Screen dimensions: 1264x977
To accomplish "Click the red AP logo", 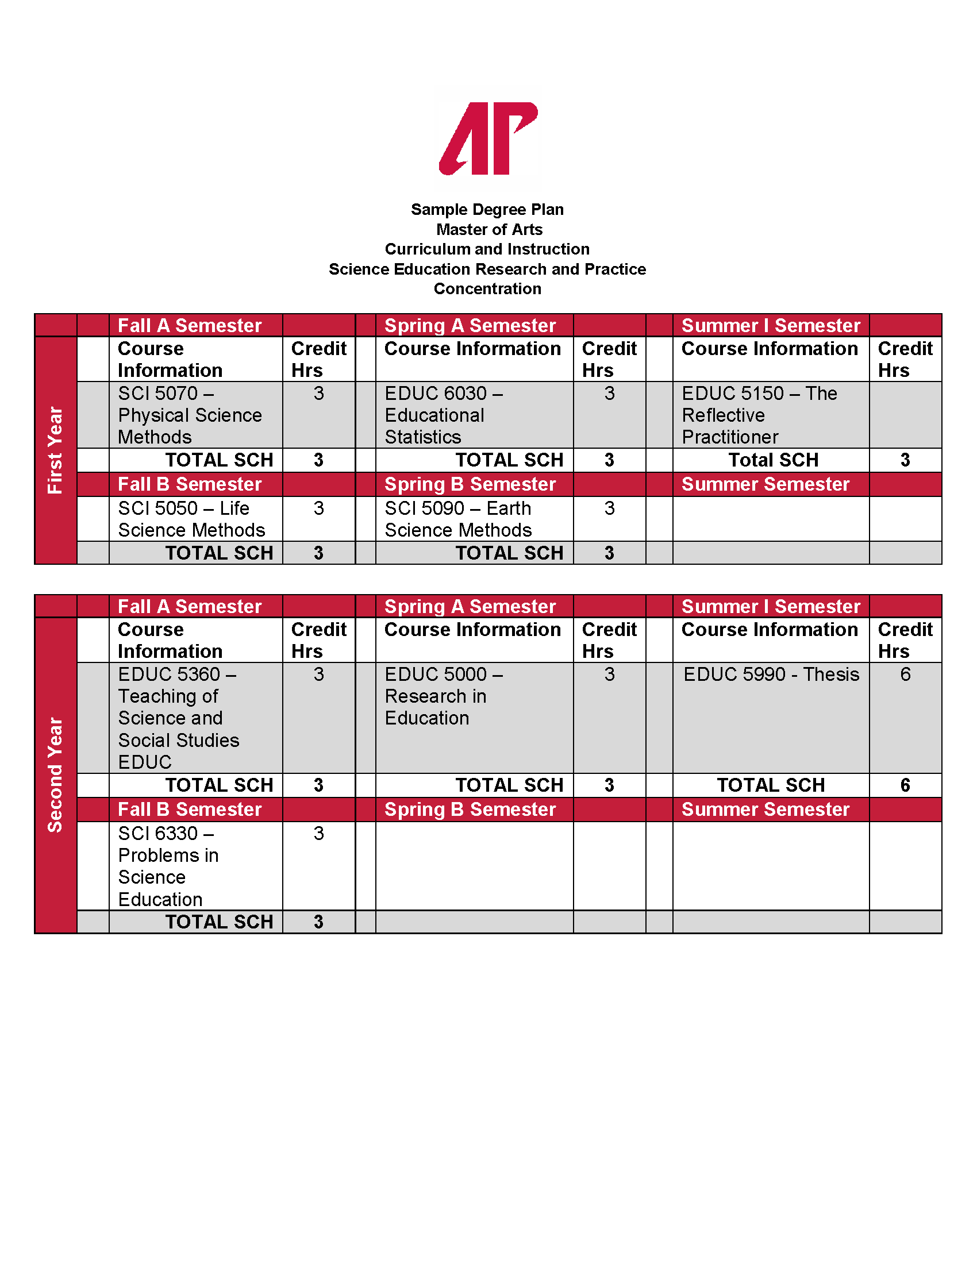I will [x=488, y=138].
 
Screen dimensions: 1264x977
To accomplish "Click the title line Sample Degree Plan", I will [x=487, y=210].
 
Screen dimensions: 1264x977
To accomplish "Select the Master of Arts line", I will [x=489, y=230].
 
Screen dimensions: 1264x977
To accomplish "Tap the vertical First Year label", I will [x=55, y=450].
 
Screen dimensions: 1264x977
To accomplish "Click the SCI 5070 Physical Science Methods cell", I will [x=190, y=415].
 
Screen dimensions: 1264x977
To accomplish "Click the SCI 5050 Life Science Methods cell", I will [x=191, y=519].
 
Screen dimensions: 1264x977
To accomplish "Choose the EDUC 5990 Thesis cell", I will [x=771, y=675].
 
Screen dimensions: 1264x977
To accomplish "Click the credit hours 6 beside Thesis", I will [x=905, y=675].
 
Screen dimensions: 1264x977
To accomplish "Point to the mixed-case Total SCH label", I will [x=772, y=460].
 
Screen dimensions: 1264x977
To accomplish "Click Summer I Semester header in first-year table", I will [x=770, y=325].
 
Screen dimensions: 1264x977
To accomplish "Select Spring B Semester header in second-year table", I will [x=470, y=809].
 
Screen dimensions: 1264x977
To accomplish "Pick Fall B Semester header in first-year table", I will [x=190, y=484].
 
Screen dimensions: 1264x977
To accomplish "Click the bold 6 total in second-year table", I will [x=905, y=785].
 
